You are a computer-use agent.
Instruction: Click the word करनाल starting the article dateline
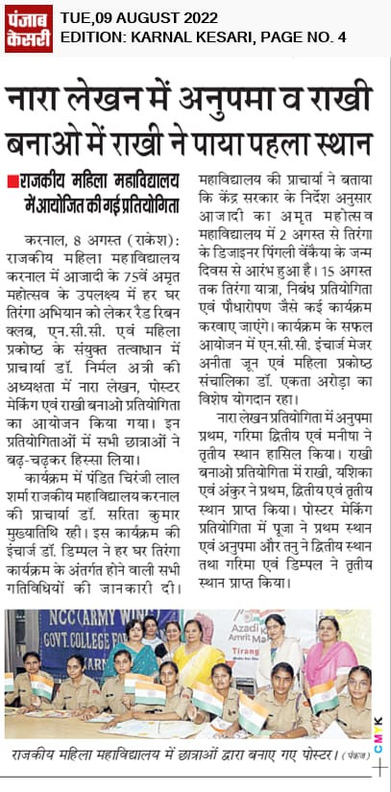point(45,236)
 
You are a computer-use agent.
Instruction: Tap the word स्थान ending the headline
point(340,142)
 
